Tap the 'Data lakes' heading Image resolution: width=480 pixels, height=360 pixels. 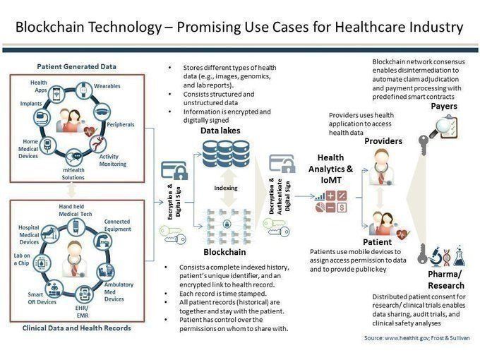click(x=220, y=131)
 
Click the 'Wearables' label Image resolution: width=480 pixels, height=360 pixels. click(x=107, y=85)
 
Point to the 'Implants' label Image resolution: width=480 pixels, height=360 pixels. click(x=31, y=103)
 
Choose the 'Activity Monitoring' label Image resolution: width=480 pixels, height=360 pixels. click(x=114, y=160)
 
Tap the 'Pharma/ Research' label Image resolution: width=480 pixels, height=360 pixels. click(x=444, y=278)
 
